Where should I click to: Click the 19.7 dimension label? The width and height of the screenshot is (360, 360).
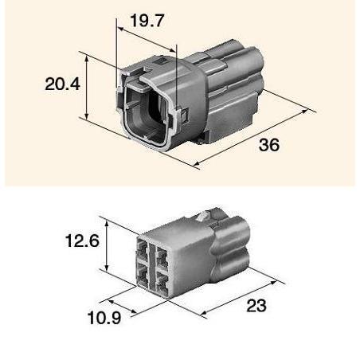click(x=147, y=21)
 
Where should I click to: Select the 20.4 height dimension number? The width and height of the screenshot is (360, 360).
click(x=62, y=84)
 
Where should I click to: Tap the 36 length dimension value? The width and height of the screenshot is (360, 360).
click(x=269, y=145)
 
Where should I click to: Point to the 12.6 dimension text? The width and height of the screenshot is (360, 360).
click(x=82, y=241)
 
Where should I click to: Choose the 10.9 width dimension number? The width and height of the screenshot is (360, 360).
click(x=104, y=318)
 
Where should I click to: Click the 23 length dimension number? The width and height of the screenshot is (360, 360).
click(x=256, y=305)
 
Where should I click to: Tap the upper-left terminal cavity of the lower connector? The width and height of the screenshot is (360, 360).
click(x=143, y=252)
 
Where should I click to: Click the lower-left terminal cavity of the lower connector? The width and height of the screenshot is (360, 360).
click(x=143, y=277)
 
